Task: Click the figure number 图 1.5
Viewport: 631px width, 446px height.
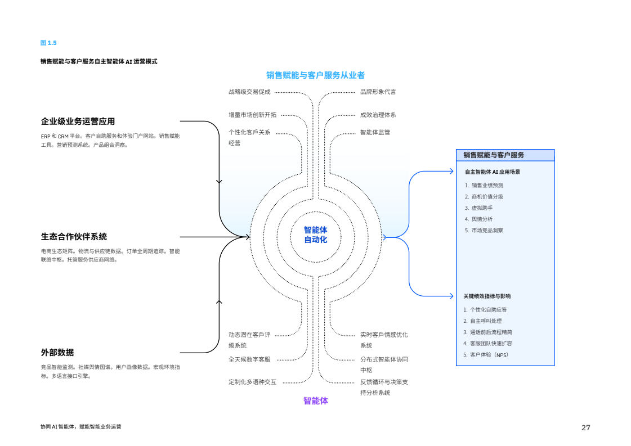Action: point(48,43)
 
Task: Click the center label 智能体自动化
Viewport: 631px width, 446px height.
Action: point(315,235)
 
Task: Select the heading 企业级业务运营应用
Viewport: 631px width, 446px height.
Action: point(78,121)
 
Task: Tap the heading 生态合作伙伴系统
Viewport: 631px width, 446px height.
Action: point(74,236)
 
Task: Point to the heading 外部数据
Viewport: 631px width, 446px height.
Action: point(57,353)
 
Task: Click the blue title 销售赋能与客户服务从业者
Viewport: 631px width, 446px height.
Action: point(315,75)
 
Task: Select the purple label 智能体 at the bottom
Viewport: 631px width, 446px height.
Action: point(315,400)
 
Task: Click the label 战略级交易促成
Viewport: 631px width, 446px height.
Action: point(249,92)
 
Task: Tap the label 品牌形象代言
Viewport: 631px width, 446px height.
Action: point(378,92)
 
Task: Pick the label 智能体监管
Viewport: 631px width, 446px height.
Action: point(375,132)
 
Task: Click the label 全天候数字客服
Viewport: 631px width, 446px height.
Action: point(249,359)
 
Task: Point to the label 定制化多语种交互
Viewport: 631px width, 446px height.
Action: point(252,382)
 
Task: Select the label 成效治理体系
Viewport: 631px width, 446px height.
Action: point(378,115)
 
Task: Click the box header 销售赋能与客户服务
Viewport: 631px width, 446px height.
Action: point(493,155)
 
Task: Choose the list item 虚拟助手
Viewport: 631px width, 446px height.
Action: point(482,208)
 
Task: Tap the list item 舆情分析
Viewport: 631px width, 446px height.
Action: point(482,219)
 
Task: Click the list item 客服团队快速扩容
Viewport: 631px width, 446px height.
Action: point(491,344)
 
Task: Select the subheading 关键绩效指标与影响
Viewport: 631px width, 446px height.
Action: point(487,296)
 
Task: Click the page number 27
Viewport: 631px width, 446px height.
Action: point(586,428)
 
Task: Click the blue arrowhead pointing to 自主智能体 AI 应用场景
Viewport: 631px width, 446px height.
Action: point(451,172)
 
